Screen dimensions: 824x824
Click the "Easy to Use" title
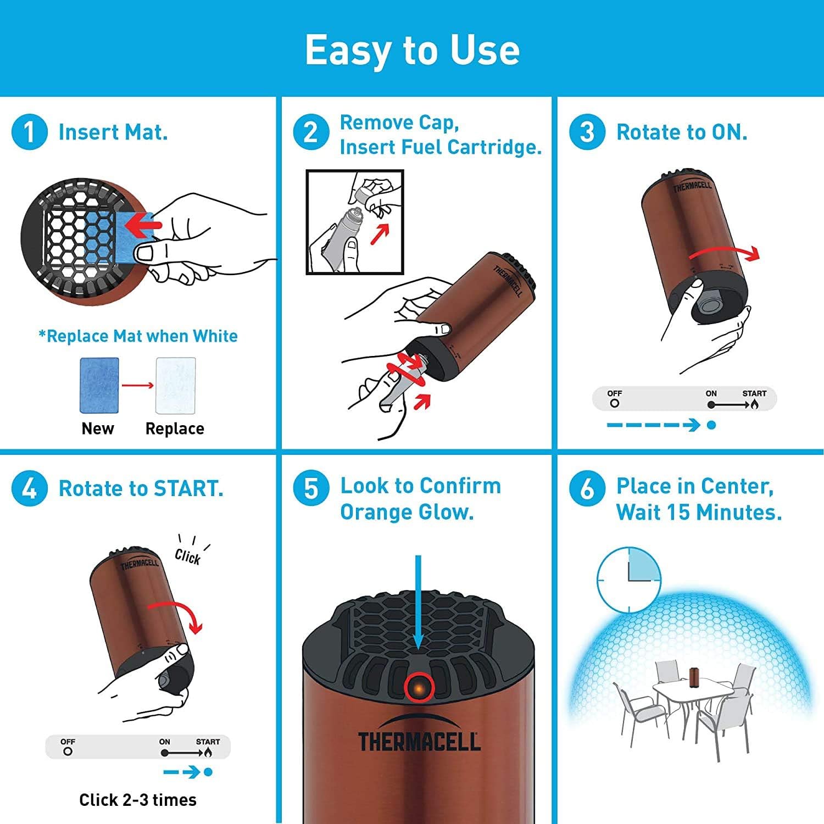412,49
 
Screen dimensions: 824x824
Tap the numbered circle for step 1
29,132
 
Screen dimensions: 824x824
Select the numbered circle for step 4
29,488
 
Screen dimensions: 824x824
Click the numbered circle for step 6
587,488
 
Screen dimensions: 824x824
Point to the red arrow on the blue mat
142,225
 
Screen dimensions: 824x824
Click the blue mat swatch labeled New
99,385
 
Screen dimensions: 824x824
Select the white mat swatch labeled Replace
176,385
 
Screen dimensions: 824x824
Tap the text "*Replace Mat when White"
138,336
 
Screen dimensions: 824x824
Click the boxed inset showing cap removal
355,222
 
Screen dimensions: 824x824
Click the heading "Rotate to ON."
682,132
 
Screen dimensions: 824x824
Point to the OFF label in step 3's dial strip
615,393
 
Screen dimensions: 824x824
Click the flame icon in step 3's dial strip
755,405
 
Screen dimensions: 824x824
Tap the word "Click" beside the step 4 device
187,556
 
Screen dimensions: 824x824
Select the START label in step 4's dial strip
208,742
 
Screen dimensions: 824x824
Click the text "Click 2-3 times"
138,800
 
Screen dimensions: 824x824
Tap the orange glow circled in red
419,688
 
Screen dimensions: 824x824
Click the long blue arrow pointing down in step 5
418,602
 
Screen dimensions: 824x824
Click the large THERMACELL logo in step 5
419,741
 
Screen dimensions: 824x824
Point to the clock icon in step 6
629,580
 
